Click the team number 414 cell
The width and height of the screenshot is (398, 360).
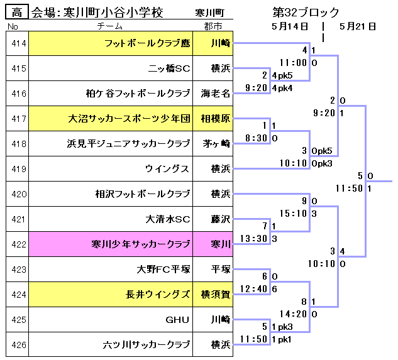click(x=19, y=43)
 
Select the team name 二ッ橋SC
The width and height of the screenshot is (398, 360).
click(x=169, y=68)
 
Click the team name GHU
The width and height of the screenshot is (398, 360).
click(x=177, y=320)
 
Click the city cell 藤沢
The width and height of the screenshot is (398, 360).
click(x=219, y=219)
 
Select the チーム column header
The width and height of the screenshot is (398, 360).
click(x=114, y=26)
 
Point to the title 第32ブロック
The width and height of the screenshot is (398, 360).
click(x=306, y=13)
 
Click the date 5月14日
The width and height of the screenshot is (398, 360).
click(x=290, y=26)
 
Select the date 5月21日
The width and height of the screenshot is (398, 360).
click(x=357, y=26)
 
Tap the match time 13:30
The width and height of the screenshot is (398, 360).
click(x=257, y=238)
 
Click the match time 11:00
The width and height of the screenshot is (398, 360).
click(x=293, y=63)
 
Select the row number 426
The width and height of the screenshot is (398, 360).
click(x=19, y=345)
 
